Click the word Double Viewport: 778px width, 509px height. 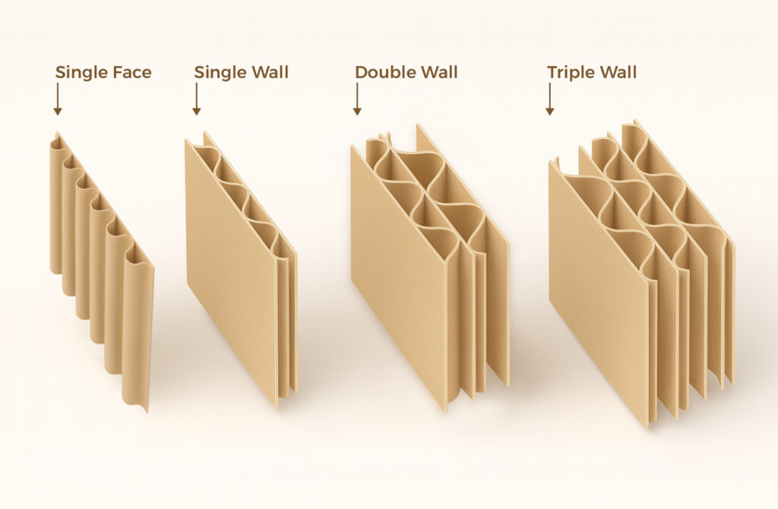(x=383, y=72)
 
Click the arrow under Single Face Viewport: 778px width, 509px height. (x=58, y=100)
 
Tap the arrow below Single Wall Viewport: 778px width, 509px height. (x=197, y=100)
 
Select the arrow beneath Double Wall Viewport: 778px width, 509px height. (x=357, y=100)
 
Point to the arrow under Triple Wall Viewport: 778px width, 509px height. (x=550, y=100)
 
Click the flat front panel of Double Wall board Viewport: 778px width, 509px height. (x=397, y=278)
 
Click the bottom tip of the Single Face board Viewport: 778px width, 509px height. (x=147, y=411)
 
